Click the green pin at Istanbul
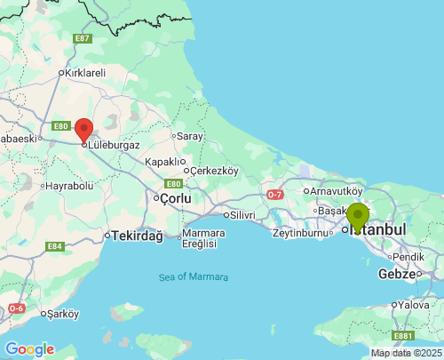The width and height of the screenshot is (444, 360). (358, 216)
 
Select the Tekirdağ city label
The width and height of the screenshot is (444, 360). (137, 236)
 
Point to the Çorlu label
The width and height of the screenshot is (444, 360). (175, 198)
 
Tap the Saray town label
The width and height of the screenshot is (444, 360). (190, 136)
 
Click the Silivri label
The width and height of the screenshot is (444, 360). (242, 215)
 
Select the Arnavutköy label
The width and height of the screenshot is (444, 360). (335, 190)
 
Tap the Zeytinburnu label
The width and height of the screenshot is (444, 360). (301, 233)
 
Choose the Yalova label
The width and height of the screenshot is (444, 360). (415, 305)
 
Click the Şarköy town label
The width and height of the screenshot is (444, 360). (63, 314)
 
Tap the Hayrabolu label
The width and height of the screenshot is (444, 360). (68, 186)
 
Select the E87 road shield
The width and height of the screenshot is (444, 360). (83, 38)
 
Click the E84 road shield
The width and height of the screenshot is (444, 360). (55, 246)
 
